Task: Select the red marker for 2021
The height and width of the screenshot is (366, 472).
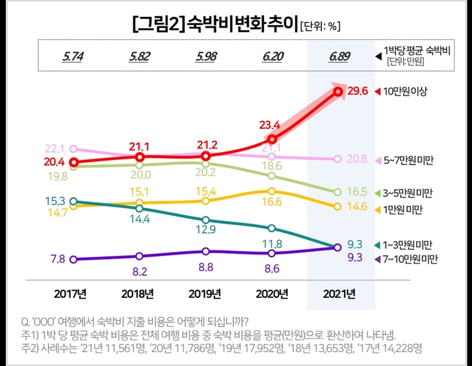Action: tap(338, 92)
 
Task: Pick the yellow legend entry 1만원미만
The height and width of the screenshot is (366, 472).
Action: tap(403, 209)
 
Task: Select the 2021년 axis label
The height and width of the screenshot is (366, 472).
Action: tap(338, 293)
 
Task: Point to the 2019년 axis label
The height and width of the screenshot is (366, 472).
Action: tap(206, 293)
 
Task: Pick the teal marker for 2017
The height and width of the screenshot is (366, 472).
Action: tap(73, 201)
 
